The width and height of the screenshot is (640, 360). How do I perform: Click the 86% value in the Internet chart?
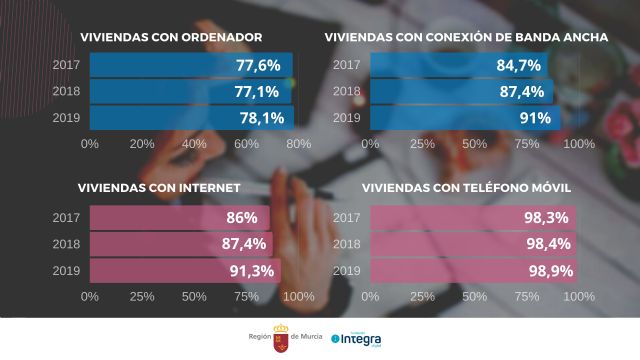click(x=242, y=217)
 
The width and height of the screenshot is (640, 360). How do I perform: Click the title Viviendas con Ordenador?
click(x=171, y=38)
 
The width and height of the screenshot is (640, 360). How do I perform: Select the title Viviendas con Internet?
click(x=159, y=188)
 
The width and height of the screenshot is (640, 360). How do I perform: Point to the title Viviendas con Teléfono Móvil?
click(x=463, y=188)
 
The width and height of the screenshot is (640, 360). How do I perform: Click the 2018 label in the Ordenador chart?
click(x=65, y=91)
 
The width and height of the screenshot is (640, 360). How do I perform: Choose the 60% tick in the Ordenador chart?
click(x=246, y=144)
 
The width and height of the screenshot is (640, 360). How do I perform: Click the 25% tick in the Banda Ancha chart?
click(x=422, y=144)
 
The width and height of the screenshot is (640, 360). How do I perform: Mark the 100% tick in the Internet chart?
click(x=299, y=296)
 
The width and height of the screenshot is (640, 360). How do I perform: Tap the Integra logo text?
click(x=361, y=339)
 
